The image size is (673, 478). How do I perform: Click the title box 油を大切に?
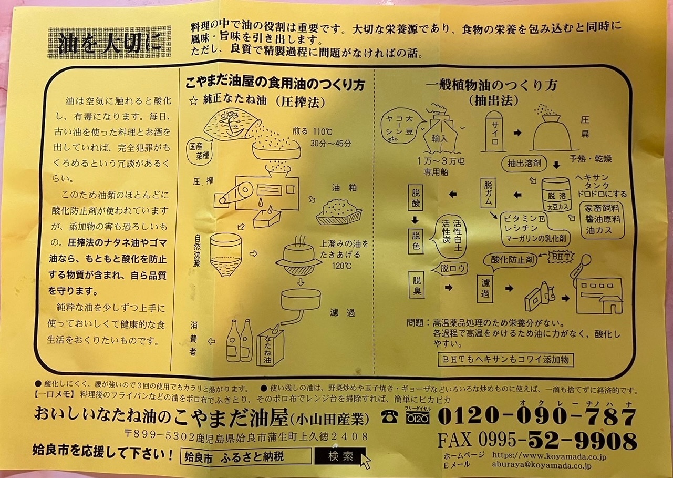[x=110, y=42]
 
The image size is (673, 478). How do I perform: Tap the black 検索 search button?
[x=340, y=456]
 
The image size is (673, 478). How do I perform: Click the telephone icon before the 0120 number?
[x=389, y=417]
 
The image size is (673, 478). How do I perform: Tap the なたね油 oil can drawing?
[x=270, y=347]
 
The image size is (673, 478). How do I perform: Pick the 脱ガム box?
[x=488, y=193]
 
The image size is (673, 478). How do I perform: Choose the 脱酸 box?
[x=416, y=198]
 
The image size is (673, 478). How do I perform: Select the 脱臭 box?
[x=417, y=285]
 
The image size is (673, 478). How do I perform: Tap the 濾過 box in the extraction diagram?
[x=485, y=288]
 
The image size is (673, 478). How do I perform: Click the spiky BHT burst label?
[x=561, y=257]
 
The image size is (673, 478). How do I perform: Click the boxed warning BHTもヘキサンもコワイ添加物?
[x=505, y=360]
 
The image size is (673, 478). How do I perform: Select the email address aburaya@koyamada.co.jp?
[x=542, y=465]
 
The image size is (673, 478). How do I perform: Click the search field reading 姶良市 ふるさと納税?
[x=246, y=456]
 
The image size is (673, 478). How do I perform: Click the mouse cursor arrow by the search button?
[x=365, y=461]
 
